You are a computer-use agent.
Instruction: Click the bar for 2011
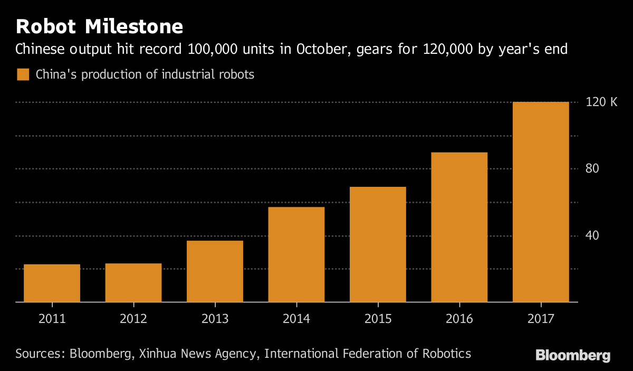(52, 283)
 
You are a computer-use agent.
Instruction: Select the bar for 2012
(133, 282)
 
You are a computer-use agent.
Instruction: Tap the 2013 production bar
(215, 271)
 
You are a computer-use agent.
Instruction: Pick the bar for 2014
(296, 254)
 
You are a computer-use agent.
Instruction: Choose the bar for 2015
(378, 244)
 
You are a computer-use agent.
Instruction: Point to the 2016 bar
(459, 227)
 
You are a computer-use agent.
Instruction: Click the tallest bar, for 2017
(541, 202)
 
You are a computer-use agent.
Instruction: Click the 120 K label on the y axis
(601, 102)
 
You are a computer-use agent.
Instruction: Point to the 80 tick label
(592, 169)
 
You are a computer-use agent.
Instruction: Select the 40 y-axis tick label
(592, 235)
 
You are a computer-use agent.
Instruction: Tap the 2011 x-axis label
(52, 319)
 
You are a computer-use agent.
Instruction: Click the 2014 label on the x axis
(296, 319)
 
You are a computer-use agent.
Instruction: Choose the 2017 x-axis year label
(541, 319)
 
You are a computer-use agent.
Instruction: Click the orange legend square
(23, 74)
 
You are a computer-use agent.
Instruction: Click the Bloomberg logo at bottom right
(573, 355)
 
